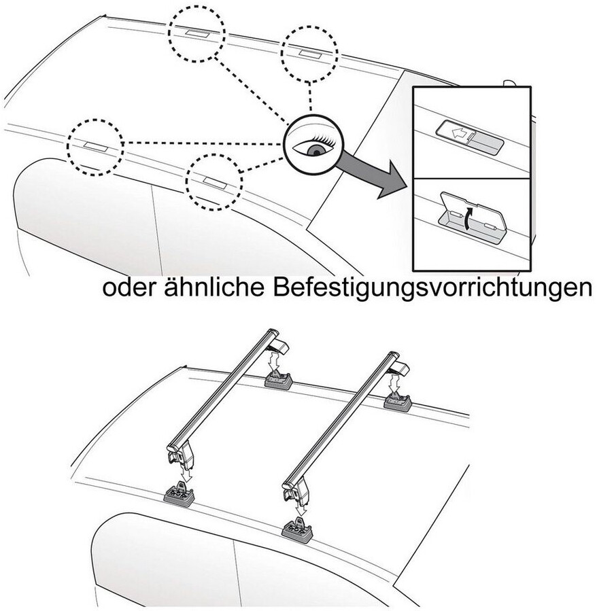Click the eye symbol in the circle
pos(312,145)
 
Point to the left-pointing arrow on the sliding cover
pos(460,134)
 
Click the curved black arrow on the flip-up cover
pos(468,218)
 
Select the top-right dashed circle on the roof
pos(309,54)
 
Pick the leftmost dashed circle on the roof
pos(95,147)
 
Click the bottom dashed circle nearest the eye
pos(214,181)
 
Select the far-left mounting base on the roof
pos(278,379)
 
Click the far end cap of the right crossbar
pos(394,356)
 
